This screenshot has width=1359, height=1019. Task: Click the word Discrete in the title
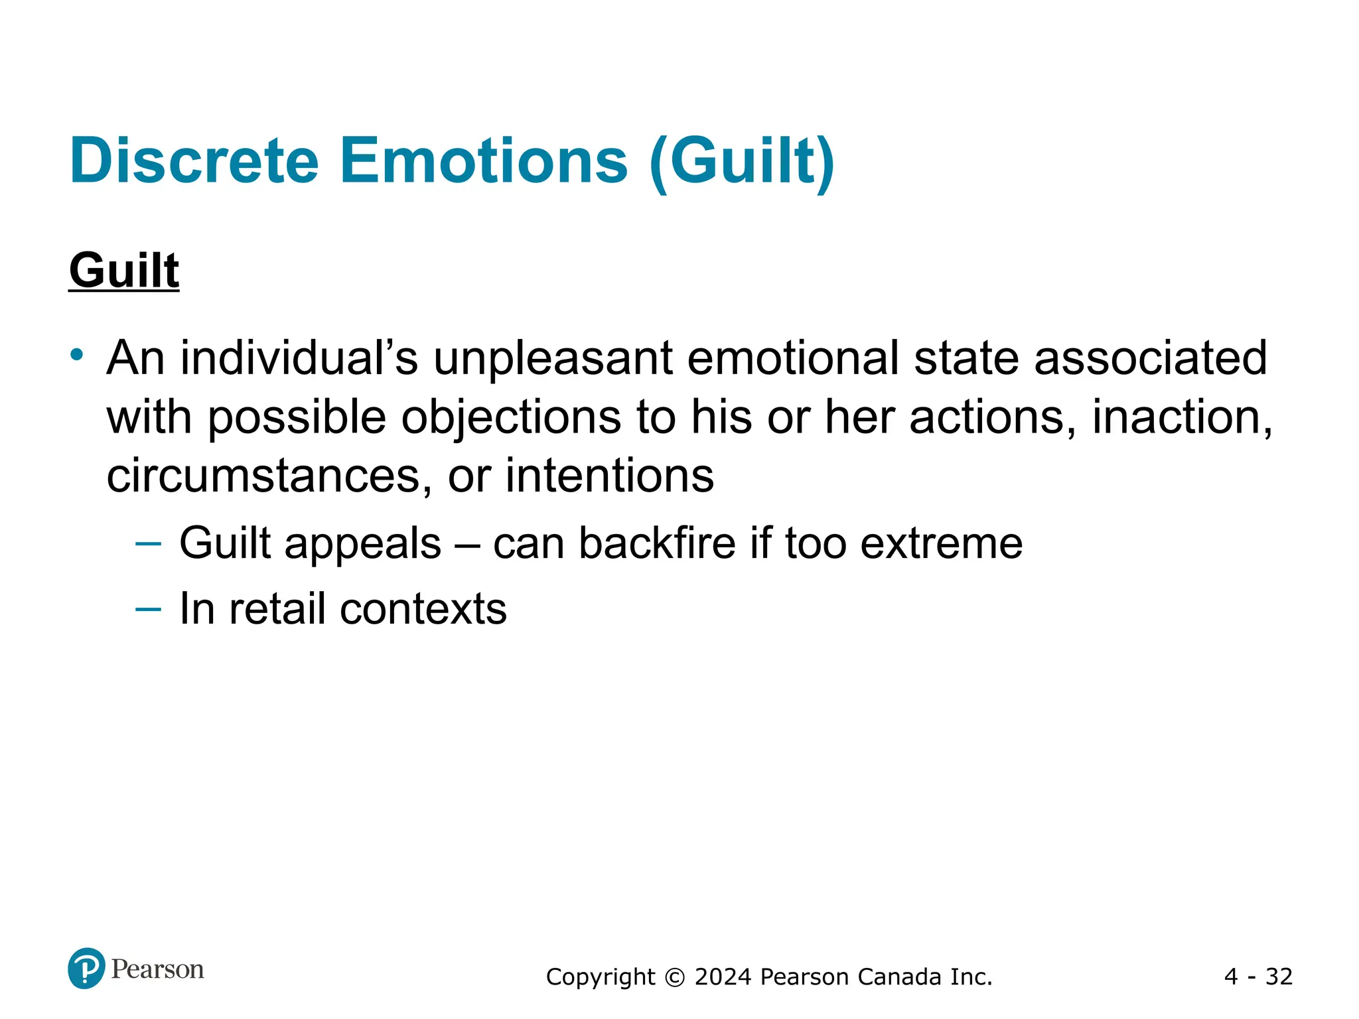[194, 161]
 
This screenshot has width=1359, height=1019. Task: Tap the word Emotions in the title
[483, 161]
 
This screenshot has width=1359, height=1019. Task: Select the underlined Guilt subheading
[124, 271]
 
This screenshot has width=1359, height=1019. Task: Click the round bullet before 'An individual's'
[78, 354]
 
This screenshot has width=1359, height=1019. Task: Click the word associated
[1150, 358]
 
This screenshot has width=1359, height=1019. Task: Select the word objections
[510, 418]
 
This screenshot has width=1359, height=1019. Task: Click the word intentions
[609, 476]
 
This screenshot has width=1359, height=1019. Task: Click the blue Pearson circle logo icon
[86, 969]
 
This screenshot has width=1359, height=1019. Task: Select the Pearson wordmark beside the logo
[157, 969]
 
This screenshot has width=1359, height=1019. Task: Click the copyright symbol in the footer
[674, 977]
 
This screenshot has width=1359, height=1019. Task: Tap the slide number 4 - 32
[1258, 977]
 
